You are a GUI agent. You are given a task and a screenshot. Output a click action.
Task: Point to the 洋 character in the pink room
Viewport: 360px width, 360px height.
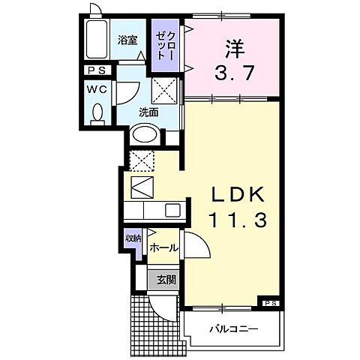232,46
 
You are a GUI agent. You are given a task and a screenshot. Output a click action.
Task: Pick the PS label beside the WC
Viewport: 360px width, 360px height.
96,71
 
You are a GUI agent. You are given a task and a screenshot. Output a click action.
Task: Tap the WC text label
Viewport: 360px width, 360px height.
96,88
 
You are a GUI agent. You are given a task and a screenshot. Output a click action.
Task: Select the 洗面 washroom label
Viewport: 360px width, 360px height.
148,112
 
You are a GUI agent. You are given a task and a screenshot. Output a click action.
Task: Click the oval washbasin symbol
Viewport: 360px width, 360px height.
145,136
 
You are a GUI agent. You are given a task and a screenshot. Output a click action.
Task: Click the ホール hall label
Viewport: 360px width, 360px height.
163,248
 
